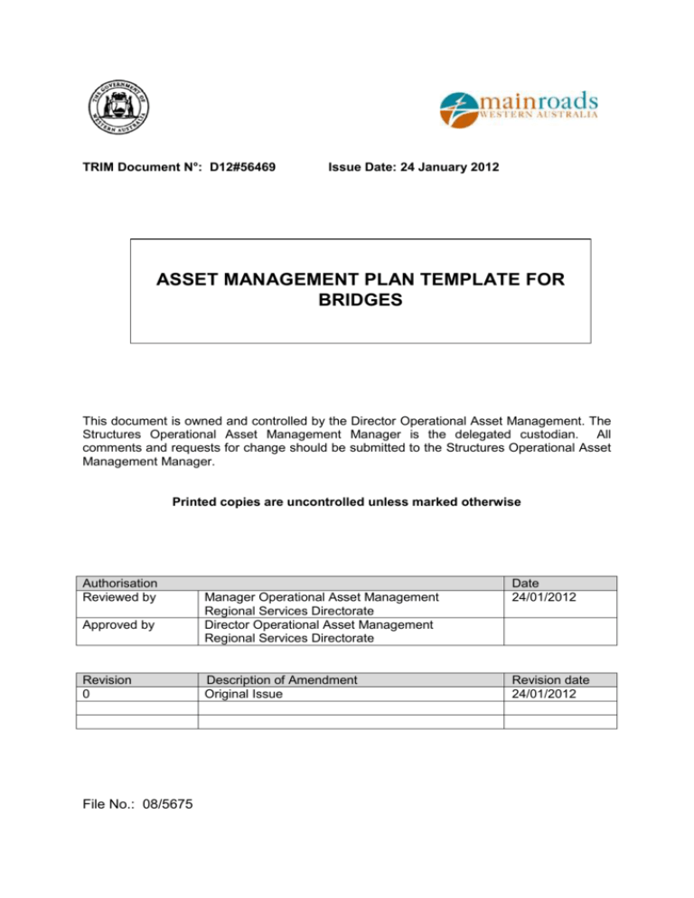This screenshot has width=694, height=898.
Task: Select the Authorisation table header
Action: (118, 584)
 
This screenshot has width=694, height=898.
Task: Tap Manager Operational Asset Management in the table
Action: (323, 597)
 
